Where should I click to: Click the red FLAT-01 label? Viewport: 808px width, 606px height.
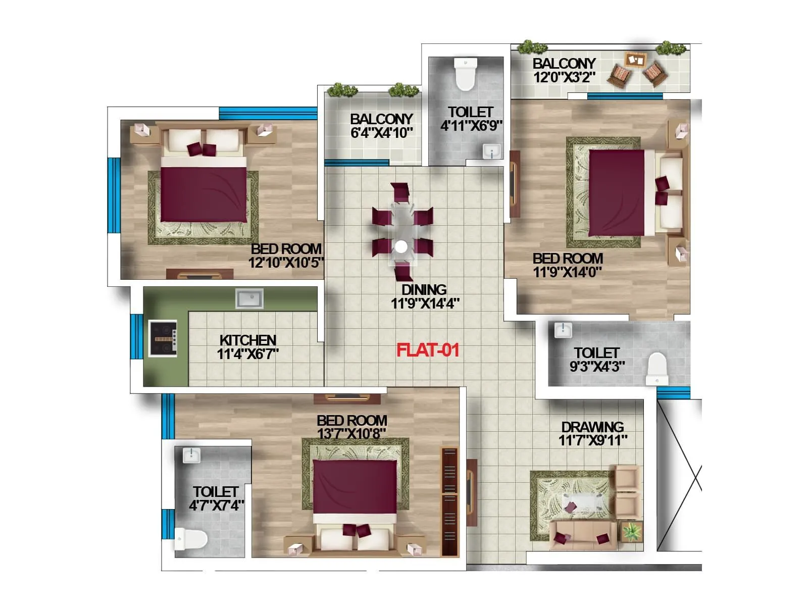coord(427,350)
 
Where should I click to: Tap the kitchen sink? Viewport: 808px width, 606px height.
coord(249,298)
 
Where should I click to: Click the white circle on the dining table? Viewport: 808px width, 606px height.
coord(401,247)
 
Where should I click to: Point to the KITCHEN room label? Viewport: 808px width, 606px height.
coord(247,340)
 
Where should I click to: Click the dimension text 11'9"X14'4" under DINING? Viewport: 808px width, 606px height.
coord(425,304)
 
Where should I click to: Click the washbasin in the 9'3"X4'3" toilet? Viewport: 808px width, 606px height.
coord(563,330)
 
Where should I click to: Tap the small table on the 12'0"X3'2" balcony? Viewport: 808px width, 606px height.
coord(635,60)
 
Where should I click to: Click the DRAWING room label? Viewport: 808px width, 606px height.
coord(592,427)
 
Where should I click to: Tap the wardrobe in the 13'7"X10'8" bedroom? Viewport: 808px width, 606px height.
coord(449,501)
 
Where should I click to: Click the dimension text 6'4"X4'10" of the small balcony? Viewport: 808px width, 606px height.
coord(382,133)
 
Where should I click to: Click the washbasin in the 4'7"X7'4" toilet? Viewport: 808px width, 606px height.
coord(191,456)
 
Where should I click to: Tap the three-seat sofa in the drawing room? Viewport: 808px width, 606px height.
coord(583,535)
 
